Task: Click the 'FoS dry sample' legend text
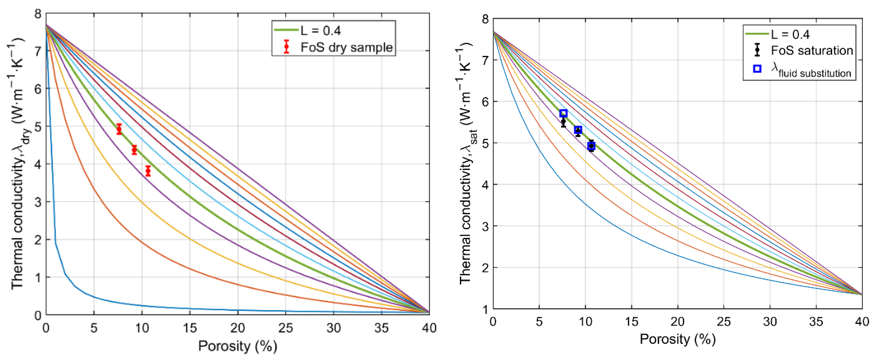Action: coord(346,47)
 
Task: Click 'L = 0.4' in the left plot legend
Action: coord(320,31)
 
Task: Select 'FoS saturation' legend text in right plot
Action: coord(812,50)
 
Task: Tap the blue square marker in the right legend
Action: coord(757,69)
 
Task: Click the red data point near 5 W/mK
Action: coord(119,129)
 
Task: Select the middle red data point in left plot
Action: coord(134,150)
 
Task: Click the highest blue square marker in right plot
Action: coord(563,113)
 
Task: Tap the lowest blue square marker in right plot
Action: coord(591,146)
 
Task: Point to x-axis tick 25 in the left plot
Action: coord(285,328)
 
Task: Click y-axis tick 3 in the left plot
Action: coord(38,202)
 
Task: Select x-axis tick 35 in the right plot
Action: coord(816,321)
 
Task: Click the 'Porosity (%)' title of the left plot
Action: coord(238,346)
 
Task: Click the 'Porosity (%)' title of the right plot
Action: coord(678,339)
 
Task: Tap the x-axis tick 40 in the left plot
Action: coord(429,328)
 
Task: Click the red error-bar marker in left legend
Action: coord(286,46)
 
